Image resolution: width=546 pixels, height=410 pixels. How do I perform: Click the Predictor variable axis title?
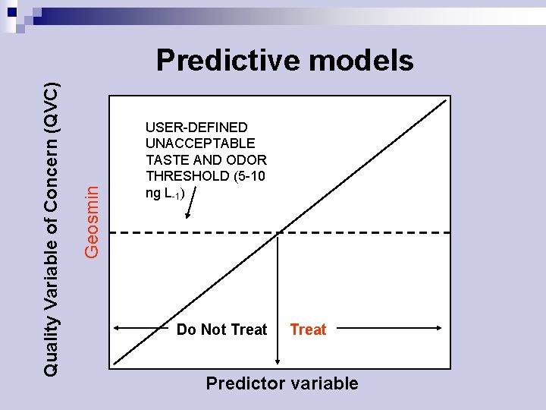click(281, 383)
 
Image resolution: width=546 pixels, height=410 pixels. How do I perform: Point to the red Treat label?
click(308, 330)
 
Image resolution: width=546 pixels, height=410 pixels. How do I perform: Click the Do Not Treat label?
click(221, 330)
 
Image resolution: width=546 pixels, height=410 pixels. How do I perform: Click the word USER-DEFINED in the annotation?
click(196, 127)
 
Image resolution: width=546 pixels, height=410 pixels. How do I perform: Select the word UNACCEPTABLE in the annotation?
click(200, 143)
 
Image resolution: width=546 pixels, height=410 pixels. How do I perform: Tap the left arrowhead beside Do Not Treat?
click(116, 329)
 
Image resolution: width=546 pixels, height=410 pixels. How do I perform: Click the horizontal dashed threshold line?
click(364, 232)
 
